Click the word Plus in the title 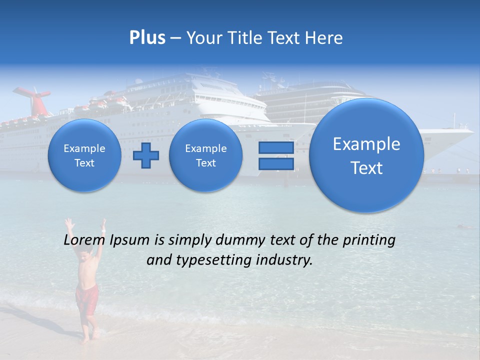point(147,38)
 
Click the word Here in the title point(324,38)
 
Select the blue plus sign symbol point(146,155)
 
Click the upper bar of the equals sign point(276,148)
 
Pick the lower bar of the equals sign point(276,163)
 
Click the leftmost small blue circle point(84,155)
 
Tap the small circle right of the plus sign point(205,155)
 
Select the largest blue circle point(366,155)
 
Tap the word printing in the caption point(368,240)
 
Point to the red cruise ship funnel point(33,97)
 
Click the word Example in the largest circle point(366,144)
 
